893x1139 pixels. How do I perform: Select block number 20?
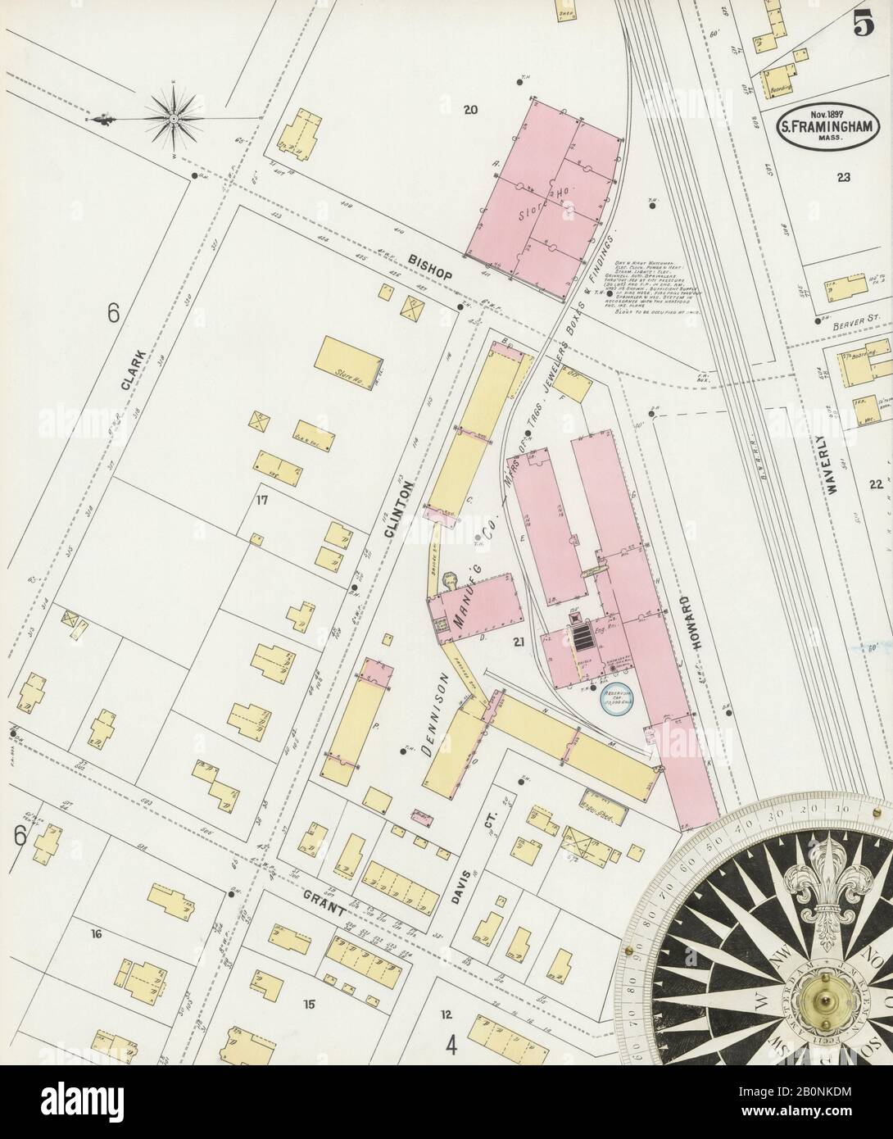pyautogui.click(x=469, y=111)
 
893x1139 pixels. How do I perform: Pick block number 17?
pyautogui.click(x=262, y=499)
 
